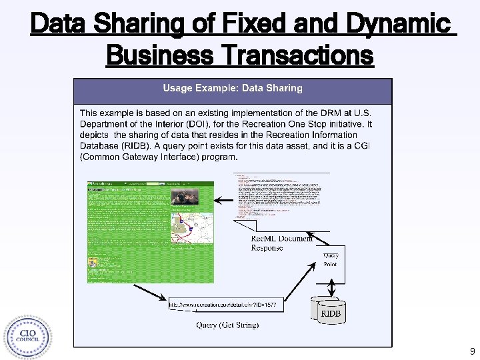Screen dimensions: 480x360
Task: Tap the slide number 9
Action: (x=472, y=351)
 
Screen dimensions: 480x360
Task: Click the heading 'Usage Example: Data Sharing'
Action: (x=233, y=88)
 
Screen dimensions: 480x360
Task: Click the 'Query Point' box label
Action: (x=331, y=259)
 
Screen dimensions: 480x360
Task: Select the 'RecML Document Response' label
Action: (x=281, y=243)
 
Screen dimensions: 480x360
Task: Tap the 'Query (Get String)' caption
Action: (x=227, y=325)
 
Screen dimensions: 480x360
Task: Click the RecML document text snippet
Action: (x=280, y=197)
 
